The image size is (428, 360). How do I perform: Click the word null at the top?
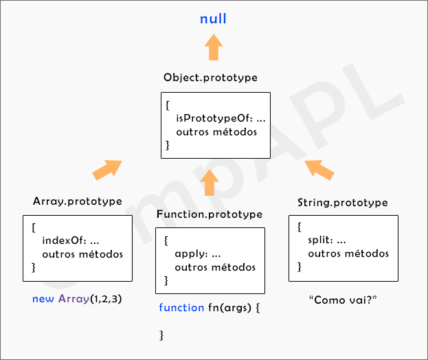tap(213, 19)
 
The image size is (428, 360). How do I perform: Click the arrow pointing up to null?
tap(214, 49)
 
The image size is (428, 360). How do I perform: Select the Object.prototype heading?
tap(210, 78)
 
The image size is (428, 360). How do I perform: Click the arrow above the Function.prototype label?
tap(210, 182)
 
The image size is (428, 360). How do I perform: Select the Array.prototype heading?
tap(78, 201)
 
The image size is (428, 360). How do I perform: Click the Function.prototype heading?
tap(210, 214)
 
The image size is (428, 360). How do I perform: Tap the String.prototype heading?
tap(343, 203)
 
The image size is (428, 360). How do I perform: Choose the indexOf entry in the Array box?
tap(61, 241)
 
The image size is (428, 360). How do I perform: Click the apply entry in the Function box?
tap(188, 254)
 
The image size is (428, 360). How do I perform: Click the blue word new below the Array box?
tap(43, 299)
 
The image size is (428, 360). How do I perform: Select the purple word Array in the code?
tap(74, 299)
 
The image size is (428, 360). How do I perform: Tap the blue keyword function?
tap(181, 307)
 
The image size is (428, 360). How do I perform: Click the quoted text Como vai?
tap(343, 300)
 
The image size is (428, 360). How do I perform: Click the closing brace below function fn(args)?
tap(162, 335)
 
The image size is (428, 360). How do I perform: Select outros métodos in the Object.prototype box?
tap(216, 132)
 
